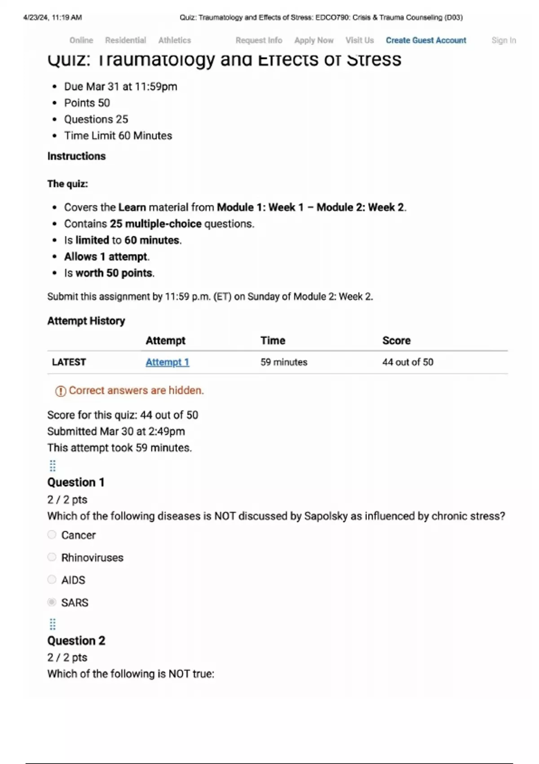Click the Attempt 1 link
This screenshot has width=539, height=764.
click(167, 362)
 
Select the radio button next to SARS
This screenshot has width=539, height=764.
click(52, 602)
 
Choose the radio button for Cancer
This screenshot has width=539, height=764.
click(52, 535)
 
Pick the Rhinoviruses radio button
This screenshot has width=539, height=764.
click(52, 557)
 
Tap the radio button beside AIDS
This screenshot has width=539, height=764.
click(52, 580)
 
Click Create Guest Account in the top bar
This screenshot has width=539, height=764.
click(426, 40)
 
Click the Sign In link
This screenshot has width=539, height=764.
click(504, 40)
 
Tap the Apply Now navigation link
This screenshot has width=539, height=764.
click(314, 40)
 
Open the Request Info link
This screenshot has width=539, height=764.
click(259, 40)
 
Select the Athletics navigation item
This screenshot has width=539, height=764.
click(174, 40)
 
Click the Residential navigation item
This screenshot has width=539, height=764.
click(125, 40)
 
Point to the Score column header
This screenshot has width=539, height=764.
click(396, 341)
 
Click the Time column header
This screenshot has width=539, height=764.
click(273, 341)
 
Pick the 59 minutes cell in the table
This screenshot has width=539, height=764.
click(284, 362)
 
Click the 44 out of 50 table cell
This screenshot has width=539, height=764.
click(407, 362)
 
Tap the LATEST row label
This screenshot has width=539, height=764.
click(69, 362)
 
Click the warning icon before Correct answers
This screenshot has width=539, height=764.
click(60, 391)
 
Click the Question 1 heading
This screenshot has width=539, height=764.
click(76, 482)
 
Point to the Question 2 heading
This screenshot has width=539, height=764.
click(76, 640)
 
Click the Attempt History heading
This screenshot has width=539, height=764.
click(86, 321)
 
